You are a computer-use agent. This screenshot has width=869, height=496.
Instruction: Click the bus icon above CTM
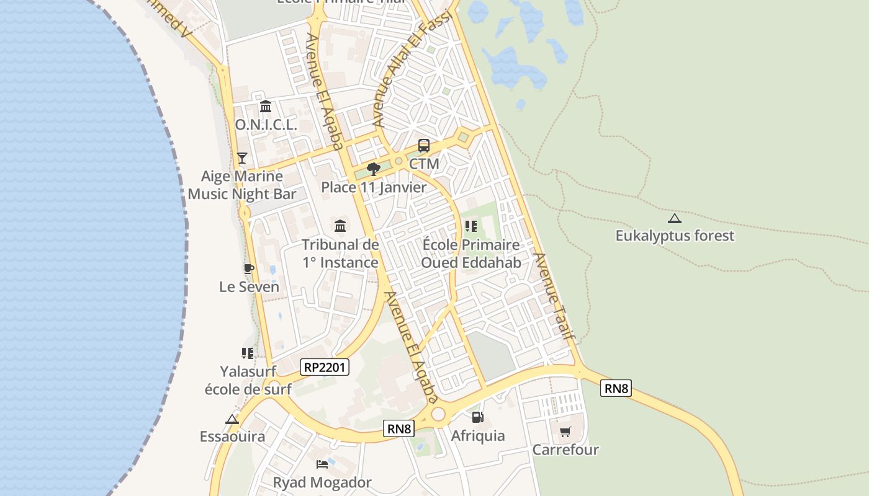(x=424, y=146)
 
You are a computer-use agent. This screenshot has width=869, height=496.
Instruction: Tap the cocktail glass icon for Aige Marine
(x=242, y=158)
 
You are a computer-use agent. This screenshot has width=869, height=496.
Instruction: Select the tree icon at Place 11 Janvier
(x=374, y=169)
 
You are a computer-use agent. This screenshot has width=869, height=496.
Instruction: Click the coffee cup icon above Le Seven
(x=248, y=268)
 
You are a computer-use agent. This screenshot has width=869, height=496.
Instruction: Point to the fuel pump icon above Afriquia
(x=477, y=417)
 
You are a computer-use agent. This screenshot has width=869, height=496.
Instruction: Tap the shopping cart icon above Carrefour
(x=565, y=432)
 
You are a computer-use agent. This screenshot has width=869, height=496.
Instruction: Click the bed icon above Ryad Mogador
(x=322, y=464)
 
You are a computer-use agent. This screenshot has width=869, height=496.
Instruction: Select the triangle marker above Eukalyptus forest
(x=674, y=218)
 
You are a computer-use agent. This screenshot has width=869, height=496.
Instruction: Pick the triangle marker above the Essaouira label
(x=232, y=419)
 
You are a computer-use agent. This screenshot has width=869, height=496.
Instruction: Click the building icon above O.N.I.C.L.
(x=266, y=106)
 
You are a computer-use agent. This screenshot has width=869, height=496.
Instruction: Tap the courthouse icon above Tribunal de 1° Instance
(x=340, y=226)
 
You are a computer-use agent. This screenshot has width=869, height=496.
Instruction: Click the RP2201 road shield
(x=325, y=367)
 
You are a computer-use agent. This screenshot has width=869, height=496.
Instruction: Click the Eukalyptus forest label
(x=675, y=236)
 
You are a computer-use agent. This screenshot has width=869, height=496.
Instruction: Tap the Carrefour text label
(x=565, y=449)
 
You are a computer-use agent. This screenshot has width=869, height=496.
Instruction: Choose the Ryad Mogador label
(x=322, y=482)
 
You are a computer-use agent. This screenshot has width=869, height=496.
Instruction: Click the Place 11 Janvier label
(x=374, y=187)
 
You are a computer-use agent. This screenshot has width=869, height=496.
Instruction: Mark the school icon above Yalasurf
(x=248, y=353)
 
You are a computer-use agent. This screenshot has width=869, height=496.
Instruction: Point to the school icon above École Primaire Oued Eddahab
(x=471, y=226)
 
